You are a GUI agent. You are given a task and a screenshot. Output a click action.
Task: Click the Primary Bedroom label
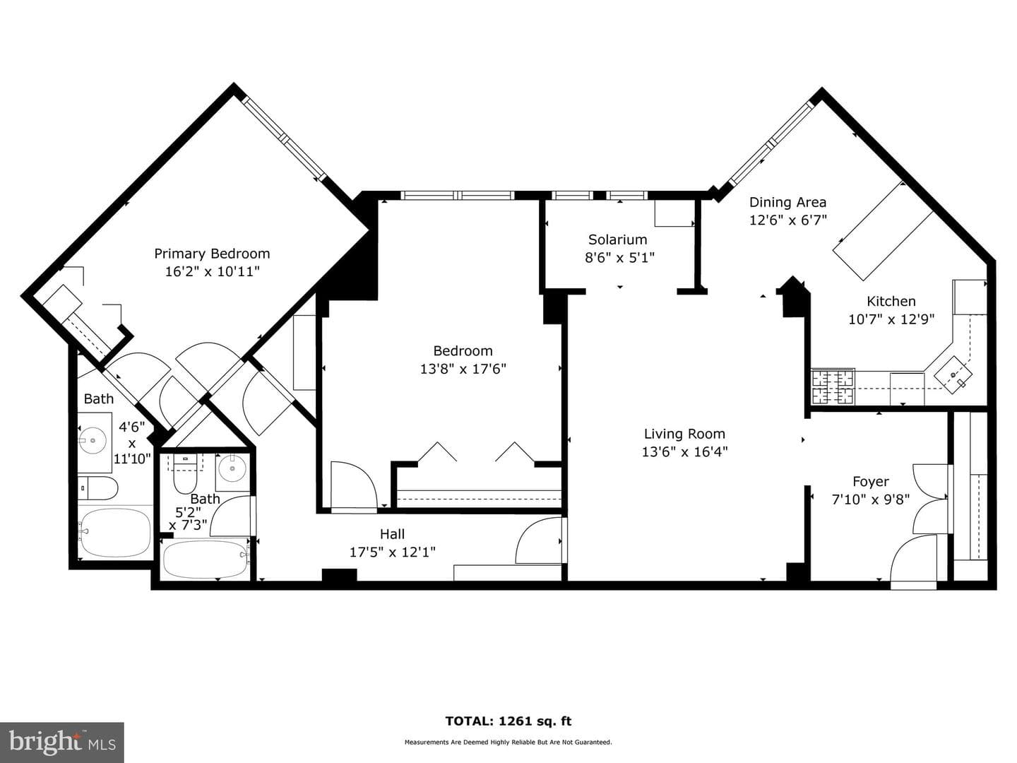coord(212,254)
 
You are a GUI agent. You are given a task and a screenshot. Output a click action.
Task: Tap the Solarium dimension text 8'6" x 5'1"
coord(619,257)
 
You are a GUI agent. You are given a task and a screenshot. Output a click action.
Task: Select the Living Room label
coord(684,434)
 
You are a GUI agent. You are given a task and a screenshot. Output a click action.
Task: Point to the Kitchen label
coord(891,301)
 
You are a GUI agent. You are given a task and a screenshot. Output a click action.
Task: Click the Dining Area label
coord(787,202)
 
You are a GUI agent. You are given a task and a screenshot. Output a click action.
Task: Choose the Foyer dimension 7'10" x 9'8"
coord(871,499)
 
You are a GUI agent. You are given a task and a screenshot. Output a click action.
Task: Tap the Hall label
coord(392,534)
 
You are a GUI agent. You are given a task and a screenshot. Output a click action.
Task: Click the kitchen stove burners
coord(833,387)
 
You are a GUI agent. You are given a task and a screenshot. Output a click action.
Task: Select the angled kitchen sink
coord(953,374)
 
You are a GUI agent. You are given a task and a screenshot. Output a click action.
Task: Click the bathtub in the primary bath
coord(115,532)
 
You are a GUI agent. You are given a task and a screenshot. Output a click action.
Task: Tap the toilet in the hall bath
coord(185,473)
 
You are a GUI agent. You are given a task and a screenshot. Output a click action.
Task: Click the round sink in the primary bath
coord(93,441)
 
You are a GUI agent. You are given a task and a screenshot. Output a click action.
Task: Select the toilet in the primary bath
coord(97,488)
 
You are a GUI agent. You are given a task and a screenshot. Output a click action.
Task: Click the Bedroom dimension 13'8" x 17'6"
coord(463,369)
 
